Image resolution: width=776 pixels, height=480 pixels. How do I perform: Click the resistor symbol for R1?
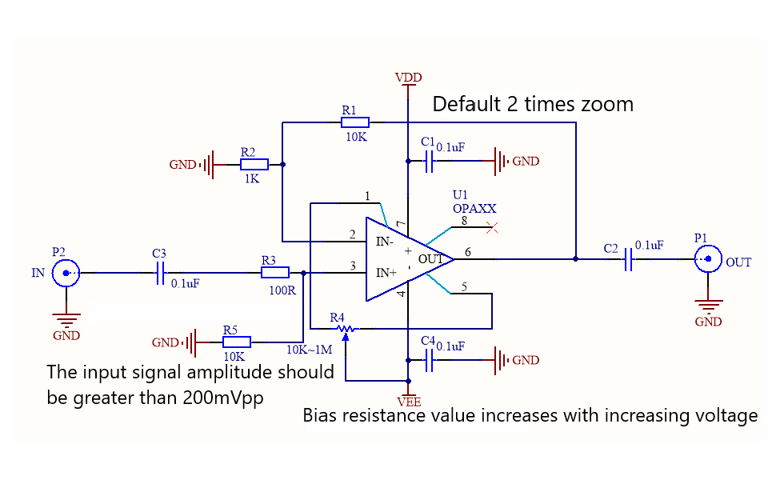[x=355, y=122]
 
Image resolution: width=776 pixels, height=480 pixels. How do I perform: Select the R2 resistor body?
[x=254, y=164]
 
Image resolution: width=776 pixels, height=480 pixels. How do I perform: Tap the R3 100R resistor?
[x=275, y=273]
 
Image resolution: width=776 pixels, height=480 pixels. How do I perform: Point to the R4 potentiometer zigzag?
[x=346, y=329]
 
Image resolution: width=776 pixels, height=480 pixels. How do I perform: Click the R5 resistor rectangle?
[x=237, y=342]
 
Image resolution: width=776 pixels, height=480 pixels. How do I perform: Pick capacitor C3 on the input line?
[x=160, y=273]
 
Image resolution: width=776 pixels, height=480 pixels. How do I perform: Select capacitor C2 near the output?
[x=629, y=259]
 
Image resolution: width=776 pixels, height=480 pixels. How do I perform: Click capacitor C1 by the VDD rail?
[x=429, y=162]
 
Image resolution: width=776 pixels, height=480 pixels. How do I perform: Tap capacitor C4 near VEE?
[x=429, y=360]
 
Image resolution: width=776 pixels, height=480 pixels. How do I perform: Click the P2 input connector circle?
[x=66, y=273]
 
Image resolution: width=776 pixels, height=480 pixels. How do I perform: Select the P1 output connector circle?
[x=708, y=259]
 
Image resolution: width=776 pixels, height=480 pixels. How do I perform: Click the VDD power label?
[x=408, y=78]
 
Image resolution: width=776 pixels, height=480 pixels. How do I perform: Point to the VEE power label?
[x=410, y=402]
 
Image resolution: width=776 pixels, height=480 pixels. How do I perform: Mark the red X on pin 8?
[x=492, y=228]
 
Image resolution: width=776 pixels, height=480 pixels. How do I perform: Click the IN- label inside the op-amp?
[x=385, y=242]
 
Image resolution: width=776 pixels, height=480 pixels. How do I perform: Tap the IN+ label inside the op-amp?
[x=386, y=273]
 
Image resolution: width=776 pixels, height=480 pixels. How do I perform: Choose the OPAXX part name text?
[x=474, y=209]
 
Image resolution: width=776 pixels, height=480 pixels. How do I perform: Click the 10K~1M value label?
[x=310, y=350]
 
